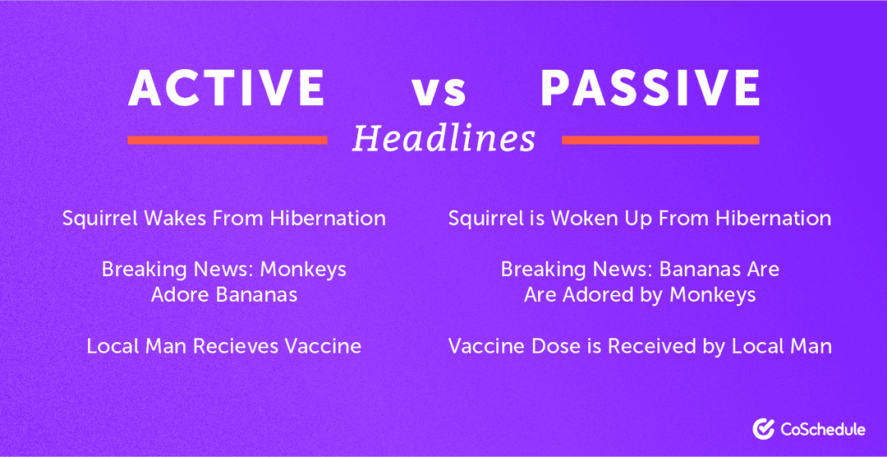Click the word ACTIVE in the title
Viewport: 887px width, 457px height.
[227, 87]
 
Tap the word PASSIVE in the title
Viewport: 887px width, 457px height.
[650, 87]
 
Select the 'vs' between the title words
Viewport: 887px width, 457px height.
[439, 91]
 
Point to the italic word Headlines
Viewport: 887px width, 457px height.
[443, 138]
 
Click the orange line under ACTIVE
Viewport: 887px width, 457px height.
[227, 141]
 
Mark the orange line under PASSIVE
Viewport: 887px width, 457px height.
[660, 141]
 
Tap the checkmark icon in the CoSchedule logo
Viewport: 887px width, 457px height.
[762, 427]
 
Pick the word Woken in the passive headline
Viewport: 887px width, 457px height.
[579, 219]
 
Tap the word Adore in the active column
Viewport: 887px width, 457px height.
[177, 294]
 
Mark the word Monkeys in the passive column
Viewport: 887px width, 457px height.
[710, 294]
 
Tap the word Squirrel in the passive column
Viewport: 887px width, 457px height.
[486, 219]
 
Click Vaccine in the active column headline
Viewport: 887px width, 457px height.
[323, 346]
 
